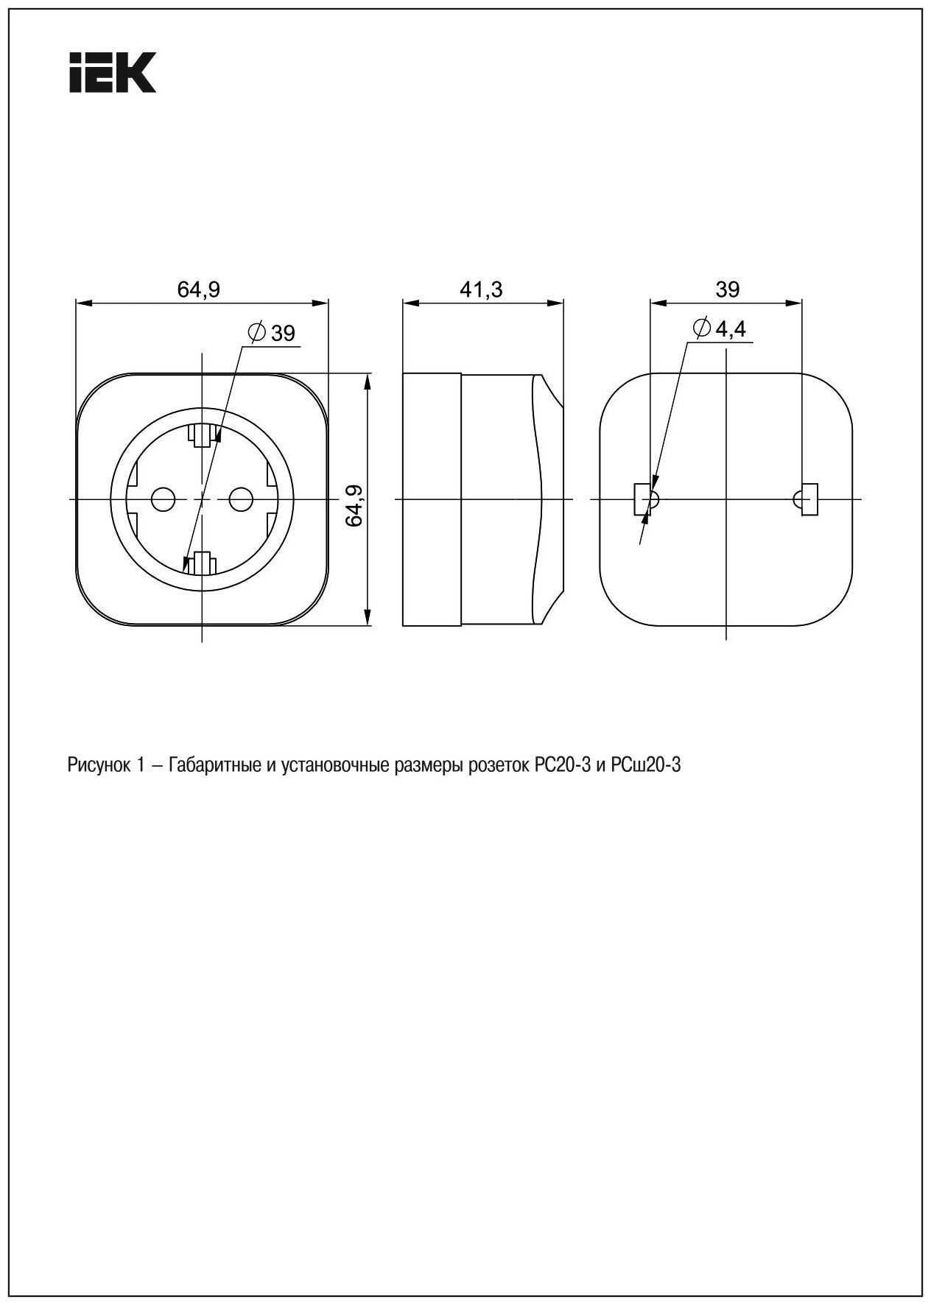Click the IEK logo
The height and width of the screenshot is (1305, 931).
[x=113, y=72]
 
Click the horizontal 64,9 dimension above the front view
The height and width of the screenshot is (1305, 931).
[x=198, y=289]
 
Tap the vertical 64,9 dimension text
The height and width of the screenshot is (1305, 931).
[x=356, y=504]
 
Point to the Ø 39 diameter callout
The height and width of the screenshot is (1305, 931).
[x=273, y=333]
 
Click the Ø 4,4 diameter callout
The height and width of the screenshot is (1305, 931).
[x=720, y=328]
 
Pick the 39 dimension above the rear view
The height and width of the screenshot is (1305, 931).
[x=727, y=289]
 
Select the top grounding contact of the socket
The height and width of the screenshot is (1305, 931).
[x=201, y=436]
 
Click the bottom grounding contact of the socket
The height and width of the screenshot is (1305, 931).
[x=201, y=563]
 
